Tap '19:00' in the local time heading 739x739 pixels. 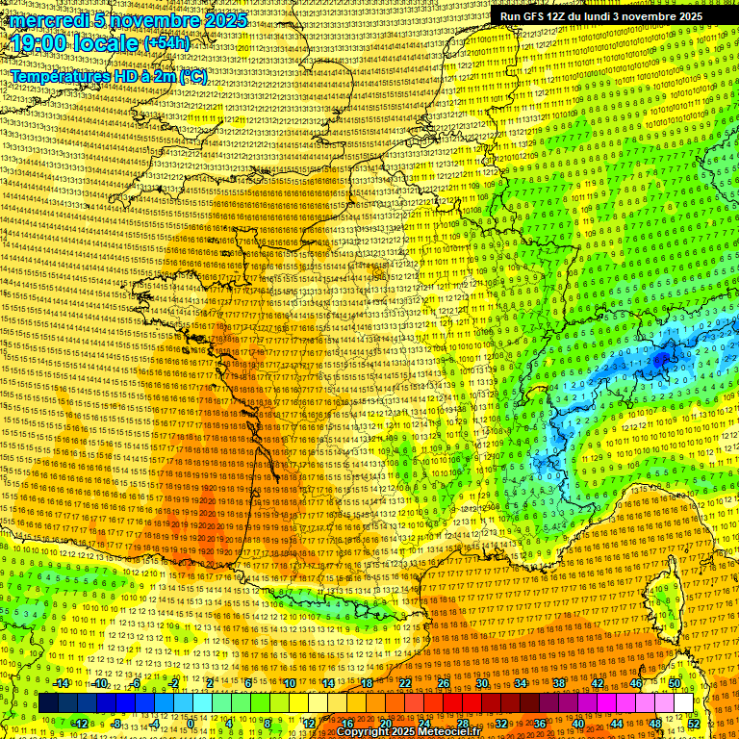tap(40, 43)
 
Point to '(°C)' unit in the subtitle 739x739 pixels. tap(191, 76)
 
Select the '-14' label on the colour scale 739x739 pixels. tap(61, 683)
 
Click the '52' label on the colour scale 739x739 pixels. tap(693, 724)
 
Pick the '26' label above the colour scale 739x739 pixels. tap(443, 683)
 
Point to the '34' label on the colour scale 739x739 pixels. tap(520, 683)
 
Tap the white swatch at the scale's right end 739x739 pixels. tap(682, 703)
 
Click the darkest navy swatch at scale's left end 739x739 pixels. tap(48, 703)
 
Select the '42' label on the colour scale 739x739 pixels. tap(597, 683)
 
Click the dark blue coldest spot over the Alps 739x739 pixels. tap(661, 359)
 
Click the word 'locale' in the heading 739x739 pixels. tap(107, 43)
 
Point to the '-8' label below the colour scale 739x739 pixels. tap(115, 724)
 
